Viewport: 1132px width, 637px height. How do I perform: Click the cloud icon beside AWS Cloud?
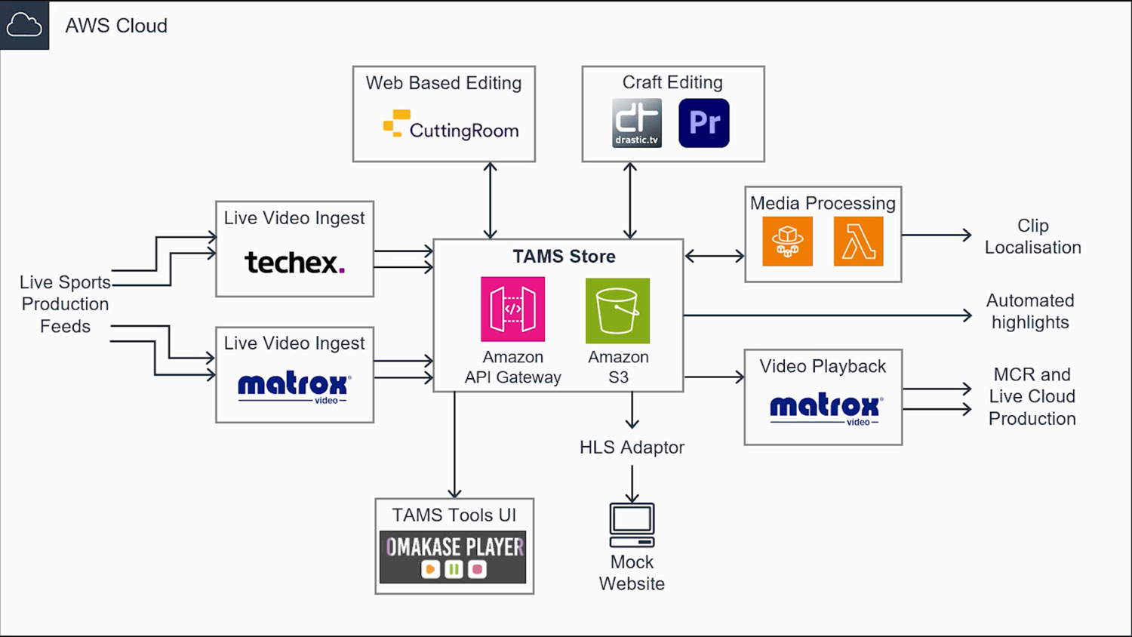[x=23, y=24]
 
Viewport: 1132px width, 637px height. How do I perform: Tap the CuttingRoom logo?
[x=451, y=125]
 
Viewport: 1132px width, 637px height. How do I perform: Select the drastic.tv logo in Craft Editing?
[x=637, y=123]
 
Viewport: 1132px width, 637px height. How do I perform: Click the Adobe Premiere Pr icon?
[x=704, y=123]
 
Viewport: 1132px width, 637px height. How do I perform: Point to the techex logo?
[x=294, y=263]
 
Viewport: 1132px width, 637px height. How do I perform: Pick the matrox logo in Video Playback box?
[x=826, y=409]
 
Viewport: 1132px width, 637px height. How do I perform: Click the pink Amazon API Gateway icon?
[x=513, y=309]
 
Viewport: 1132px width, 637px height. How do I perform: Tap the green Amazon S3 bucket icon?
[x=617, y=310]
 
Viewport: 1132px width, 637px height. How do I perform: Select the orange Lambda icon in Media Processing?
[x=859, y=242]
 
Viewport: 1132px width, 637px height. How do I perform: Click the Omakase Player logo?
[x=453, y=556]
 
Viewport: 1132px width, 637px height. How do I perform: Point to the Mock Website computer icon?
[x=632, y=525]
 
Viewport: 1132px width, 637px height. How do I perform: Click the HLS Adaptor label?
[x=632, y=448]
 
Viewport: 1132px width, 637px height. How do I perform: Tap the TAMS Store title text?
[x=564, y=257]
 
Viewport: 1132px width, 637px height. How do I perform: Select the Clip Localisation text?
[x=1033, y=236]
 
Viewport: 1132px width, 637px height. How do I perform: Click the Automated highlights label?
[x=1030, y=312]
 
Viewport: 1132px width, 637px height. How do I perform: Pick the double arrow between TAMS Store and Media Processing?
[x=715, y=257]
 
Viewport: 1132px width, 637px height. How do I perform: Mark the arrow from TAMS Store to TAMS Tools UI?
[x=454, y=445]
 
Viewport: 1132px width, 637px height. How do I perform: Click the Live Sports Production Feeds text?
[x=65, y=304]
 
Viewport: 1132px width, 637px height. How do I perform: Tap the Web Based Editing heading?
[x=444, y=83]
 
